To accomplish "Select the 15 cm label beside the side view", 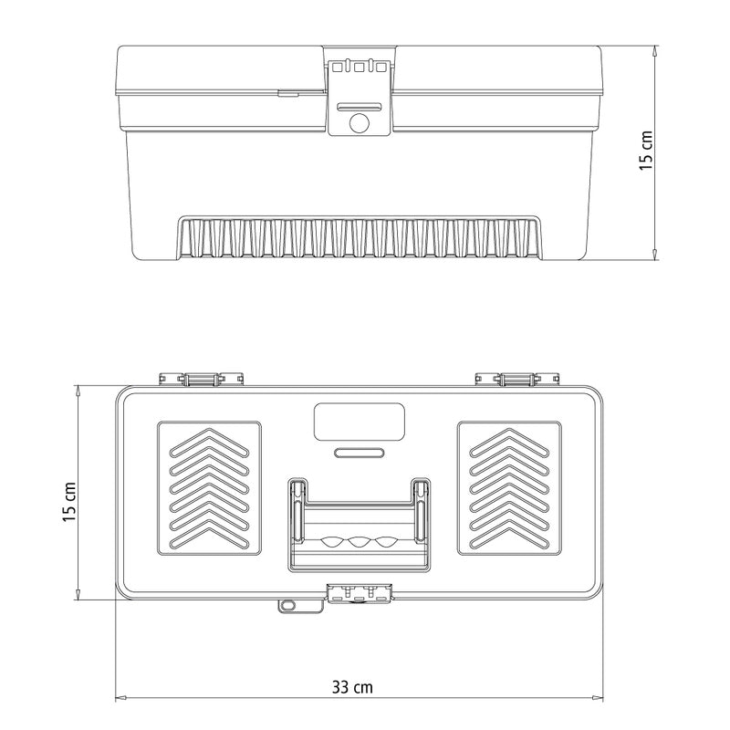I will tap(645, 151).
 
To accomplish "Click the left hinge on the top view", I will tap(201, 378).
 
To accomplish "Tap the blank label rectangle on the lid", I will tap(359, 422).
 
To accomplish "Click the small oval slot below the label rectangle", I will tap(359, 452).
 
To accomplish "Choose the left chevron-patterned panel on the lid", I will tap(210, 488).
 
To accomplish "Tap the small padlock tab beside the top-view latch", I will tap(288, 604).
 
